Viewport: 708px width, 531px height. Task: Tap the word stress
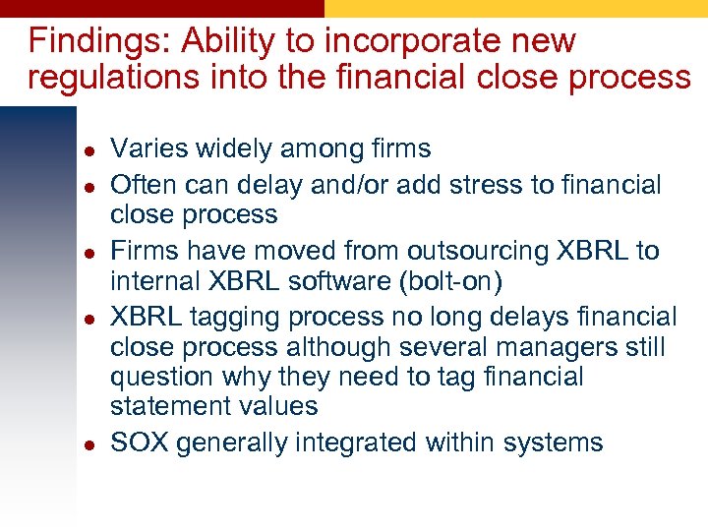[x=504, y=185]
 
